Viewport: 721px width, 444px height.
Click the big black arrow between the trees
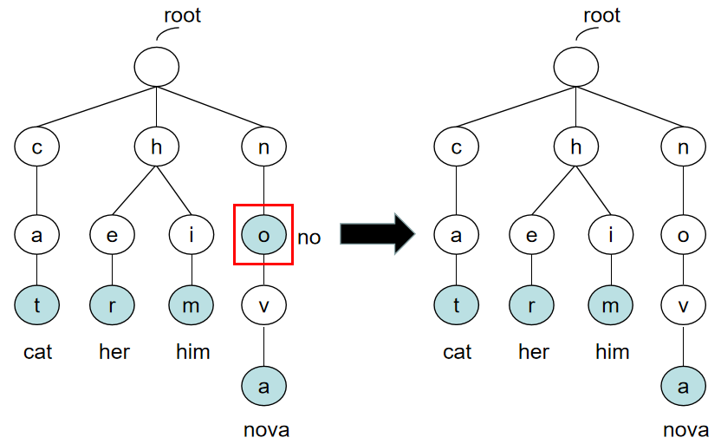click(378, 233)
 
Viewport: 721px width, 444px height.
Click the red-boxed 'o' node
click(263, 234)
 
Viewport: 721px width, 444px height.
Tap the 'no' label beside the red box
click(309, 237)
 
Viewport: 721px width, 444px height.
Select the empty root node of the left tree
click(157, 67)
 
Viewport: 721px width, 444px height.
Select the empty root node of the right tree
click(575, 67)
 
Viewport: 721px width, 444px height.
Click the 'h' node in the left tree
click(157, 147)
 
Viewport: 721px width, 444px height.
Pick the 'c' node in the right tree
click(456, 147)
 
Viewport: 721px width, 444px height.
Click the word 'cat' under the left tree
click(36, 352)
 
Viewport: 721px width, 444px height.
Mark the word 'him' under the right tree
click(612, 352)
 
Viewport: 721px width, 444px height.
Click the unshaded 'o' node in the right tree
click(683, 234)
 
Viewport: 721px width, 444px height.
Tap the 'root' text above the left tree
click(182, 16)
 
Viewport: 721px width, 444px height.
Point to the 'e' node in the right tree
click(532, 234)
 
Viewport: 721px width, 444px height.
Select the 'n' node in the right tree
click(683, 147)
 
